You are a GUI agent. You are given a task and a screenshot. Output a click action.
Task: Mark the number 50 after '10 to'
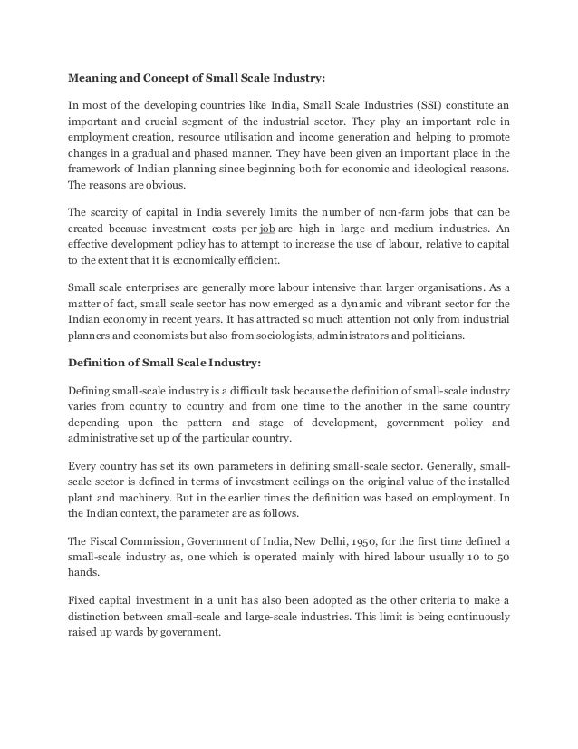[x=501, y=555]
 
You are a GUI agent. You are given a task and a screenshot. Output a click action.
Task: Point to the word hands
[x=83, y=571]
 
